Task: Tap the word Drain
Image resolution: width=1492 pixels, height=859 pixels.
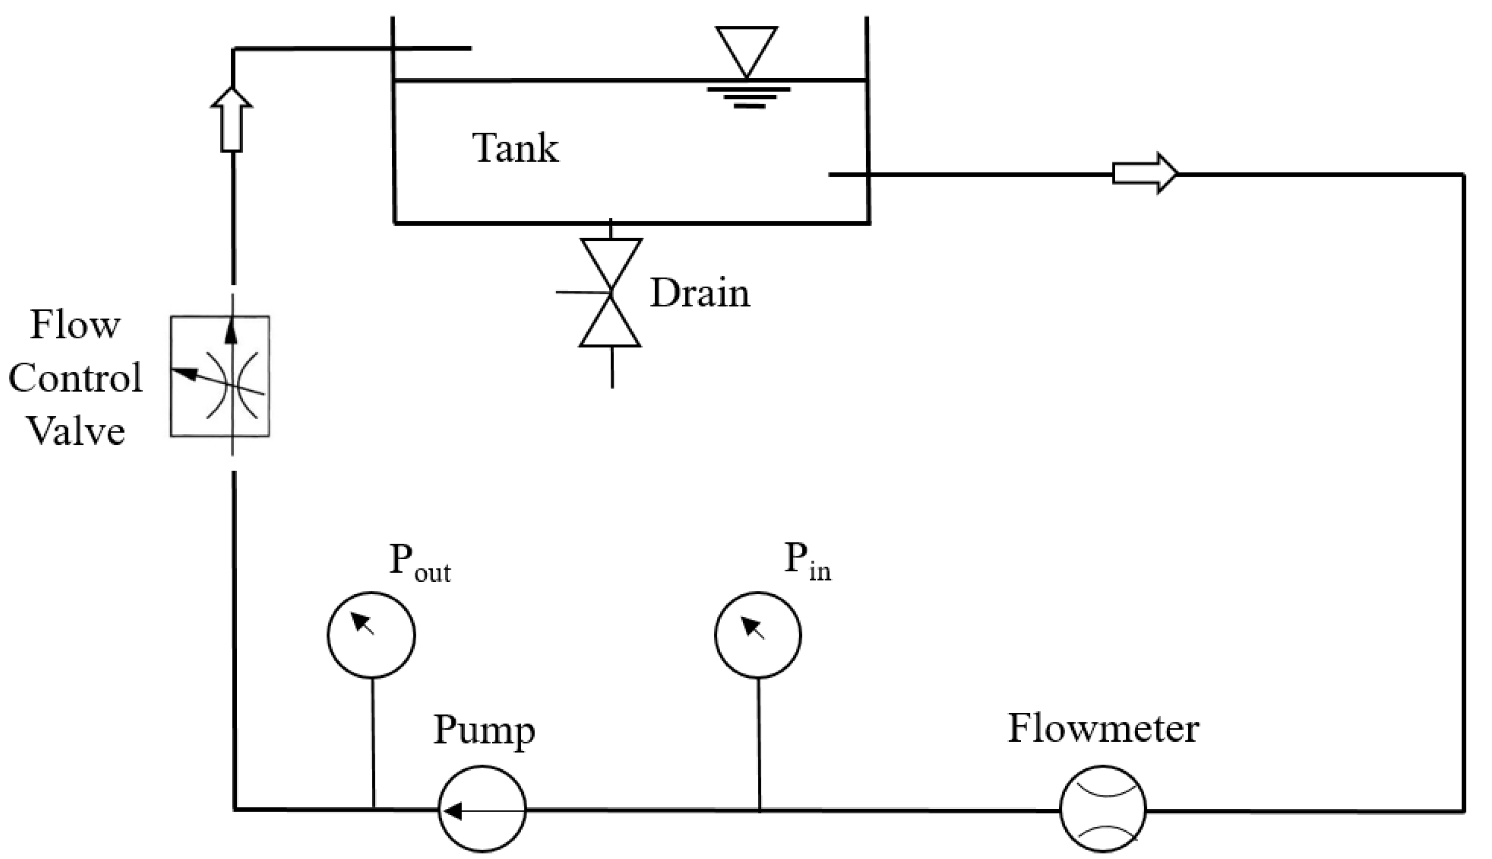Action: pos(699,293)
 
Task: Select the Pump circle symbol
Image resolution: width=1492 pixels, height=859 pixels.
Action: pos(482,809)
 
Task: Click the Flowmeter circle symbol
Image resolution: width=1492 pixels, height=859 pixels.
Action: pos(1103,809)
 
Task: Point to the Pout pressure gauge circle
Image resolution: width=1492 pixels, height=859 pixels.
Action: pos(371,635)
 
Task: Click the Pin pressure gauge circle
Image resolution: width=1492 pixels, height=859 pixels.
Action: pos(758,634)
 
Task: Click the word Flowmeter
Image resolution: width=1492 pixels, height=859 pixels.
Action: pos(1103,729)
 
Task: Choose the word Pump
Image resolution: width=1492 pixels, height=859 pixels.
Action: pos(484,730)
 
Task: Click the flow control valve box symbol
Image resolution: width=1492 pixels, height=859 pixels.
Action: pos(220,376)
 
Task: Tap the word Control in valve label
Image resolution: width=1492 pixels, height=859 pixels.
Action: pos(75,377)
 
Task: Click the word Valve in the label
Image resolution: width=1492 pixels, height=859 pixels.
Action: pos(76,431)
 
